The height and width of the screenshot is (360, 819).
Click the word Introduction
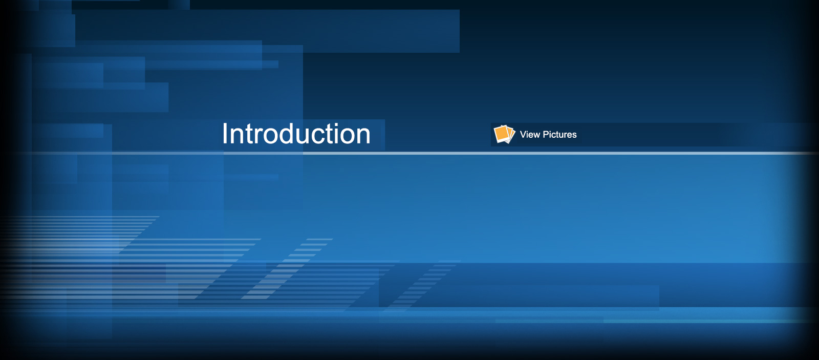tap(296, 134)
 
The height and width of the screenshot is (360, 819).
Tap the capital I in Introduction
tap(225, 134)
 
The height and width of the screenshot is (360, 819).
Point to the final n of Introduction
tap(364, 136)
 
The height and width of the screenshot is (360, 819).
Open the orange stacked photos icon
tap(504, 134)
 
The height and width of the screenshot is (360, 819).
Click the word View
tap(530, 134)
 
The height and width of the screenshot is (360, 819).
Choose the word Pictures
tap(560, 134)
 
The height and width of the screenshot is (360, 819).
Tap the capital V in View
tap(523, 134)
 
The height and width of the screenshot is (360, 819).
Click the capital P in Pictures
tap(546, 134)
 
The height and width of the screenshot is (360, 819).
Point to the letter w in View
tap(536, 135)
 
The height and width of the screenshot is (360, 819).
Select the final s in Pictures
tap(574, 135)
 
